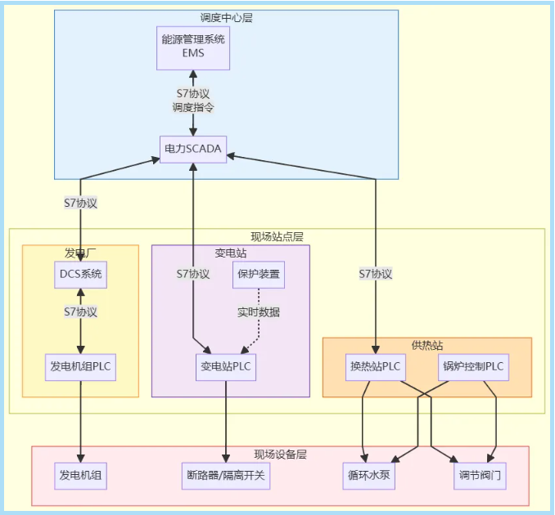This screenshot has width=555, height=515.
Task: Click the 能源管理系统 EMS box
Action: point(193,47)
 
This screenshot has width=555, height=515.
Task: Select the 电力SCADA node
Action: point(193,150)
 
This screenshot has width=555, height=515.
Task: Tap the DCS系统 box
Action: point(80,275)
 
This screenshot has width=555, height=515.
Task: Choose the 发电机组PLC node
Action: point(80,367)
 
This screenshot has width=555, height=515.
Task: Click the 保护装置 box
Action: point(259,275)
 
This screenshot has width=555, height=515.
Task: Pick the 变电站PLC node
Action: point(226,367)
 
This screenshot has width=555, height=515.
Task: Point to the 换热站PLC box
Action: point(376,366)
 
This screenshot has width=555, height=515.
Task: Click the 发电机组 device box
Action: point(80,475)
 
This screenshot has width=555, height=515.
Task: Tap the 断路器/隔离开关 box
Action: point(226,475)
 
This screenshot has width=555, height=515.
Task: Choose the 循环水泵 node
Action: point(368,475)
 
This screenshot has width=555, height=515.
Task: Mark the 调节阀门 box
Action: point(480,475)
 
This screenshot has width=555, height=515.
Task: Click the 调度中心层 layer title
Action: point(226,17)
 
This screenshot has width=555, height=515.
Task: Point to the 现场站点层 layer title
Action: point(277,236)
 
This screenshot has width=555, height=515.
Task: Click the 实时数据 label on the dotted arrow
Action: point(259,312)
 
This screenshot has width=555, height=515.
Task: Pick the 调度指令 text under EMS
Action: point(193,107)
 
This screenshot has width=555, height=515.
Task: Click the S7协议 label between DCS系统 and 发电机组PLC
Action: point(80,311)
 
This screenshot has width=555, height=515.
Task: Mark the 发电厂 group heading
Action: point(80,252)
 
